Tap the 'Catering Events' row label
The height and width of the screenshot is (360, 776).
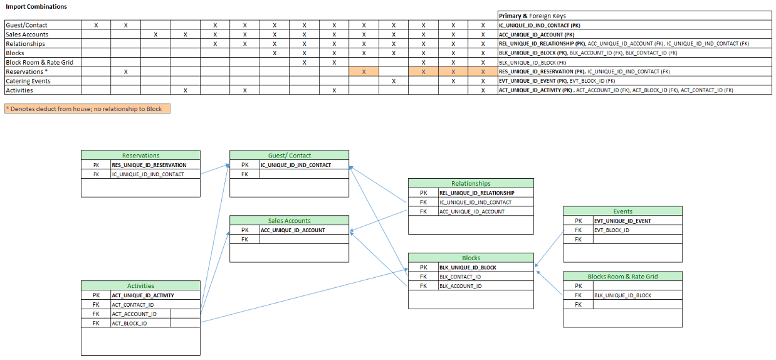(28, 81)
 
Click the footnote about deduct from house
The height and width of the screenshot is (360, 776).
(87, 109)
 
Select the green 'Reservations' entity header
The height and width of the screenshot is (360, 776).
(140, 155)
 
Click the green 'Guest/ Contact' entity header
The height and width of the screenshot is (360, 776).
(289, 155)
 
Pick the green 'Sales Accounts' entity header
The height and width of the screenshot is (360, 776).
(289, 220)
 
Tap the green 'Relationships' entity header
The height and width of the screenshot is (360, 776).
(471, 183)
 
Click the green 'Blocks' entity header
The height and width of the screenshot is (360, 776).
(471, 258)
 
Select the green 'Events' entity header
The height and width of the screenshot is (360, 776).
(622, 211)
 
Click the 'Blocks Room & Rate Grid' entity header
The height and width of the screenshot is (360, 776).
(622, 276)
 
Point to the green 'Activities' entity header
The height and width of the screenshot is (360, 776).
(140, 285)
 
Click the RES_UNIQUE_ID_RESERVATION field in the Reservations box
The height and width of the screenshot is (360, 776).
(149, 165)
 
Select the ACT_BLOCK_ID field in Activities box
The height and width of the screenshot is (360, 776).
(130, 324)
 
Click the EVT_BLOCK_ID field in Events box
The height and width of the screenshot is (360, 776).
(611, 230)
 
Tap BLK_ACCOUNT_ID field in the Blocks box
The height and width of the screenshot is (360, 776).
(460, 286)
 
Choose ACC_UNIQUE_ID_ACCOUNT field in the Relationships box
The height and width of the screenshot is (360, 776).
(471, 211)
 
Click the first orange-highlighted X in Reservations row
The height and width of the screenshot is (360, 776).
(364, 71)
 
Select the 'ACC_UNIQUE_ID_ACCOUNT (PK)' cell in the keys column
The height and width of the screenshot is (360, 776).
(536, 34)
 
